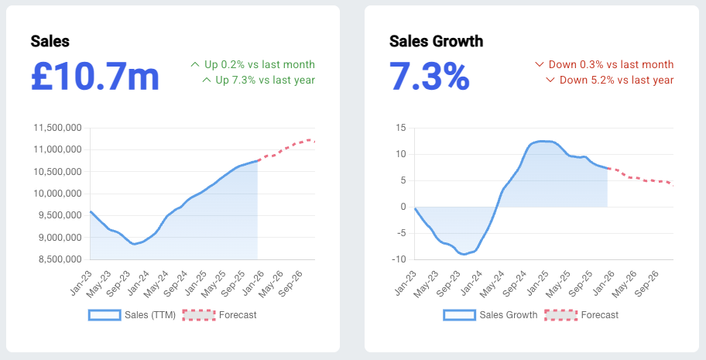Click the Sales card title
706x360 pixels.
(50, 41)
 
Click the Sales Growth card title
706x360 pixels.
(436, 41)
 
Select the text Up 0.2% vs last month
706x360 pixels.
(259, 64)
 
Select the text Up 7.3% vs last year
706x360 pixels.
(265, 80)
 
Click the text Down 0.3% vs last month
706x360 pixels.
(610, 64)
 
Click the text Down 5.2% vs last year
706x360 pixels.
(616, 80)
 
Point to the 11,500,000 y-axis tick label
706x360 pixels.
(57, 128)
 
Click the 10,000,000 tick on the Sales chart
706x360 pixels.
(57, 194)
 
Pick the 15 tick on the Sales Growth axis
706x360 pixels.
(400, 128)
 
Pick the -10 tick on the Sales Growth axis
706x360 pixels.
(399, 259)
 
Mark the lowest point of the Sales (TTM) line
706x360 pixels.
(134, 244)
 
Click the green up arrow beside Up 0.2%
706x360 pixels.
(195, 64)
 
